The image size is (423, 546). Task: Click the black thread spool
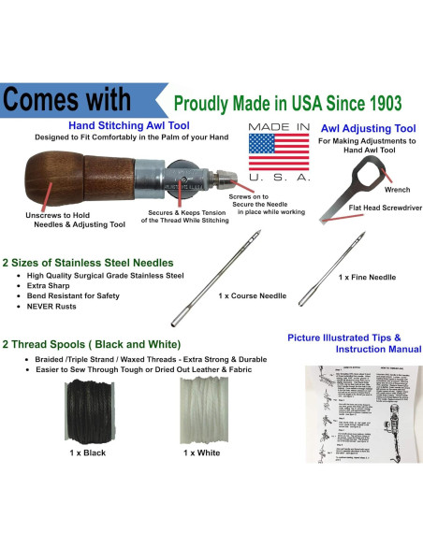tap(88, 412)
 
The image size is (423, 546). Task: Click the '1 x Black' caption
tap(87, 453)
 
